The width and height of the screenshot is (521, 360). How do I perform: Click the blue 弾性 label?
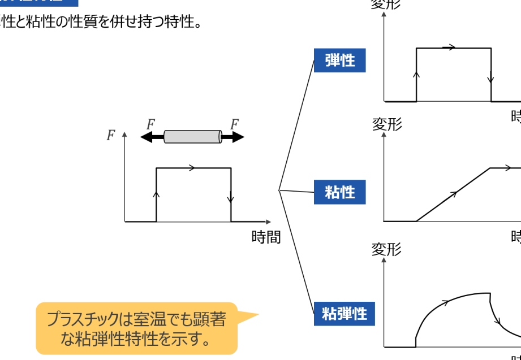pos(340,60)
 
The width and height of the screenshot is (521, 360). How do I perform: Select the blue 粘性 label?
pos(340,192)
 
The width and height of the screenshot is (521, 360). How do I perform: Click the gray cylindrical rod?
pos(192,137)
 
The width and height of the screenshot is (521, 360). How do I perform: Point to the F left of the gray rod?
pos(150,124)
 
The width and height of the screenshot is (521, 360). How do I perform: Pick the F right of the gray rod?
pos(234,124)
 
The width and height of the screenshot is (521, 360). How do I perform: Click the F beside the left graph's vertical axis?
pos(111,136)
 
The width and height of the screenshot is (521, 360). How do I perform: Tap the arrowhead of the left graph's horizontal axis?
pos(269,222)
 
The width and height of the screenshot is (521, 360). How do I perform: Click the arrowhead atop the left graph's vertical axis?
pos(124,135)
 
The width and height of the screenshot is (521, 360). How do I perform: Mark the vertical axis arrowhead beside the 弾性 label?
pos(384,13)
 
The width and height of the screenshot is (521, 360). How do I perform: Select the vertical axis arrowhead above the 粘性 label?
pos(384,135)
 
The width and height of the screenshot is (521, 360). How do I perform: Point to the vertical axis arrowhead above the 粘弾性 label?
pos(384,259)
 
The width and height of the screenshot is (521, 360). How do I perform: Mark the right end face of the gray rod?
pos(220,137)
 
